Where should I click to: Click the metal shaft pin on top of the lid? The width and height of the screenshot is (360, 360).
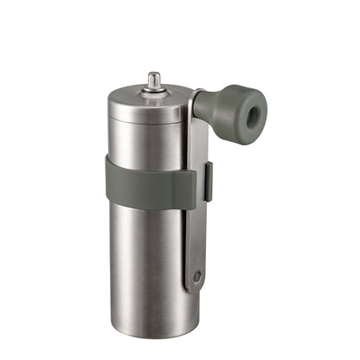click(x=154, y=80)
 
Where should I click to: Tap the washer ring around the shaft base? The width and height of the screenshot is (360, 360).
click(x=154, y=89)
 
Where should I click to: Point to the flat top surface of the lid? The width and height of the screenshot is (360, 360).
click(x=138, y=96)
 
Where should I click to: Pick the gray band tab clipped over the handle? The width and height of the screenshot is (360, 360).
click(x=205, y=182)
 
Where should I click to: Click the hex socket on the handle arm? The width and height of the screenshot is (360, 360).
click(x=197, y=276)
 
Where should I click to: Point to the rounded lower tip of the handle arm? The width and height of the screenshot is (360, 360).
click(x=196, y=286)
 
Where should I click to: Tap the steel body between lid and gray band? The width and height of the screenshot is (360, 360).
click(x=143, y=143)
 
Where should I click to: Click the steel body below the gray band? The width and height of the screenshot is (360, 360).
click(x=143, y=260)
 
